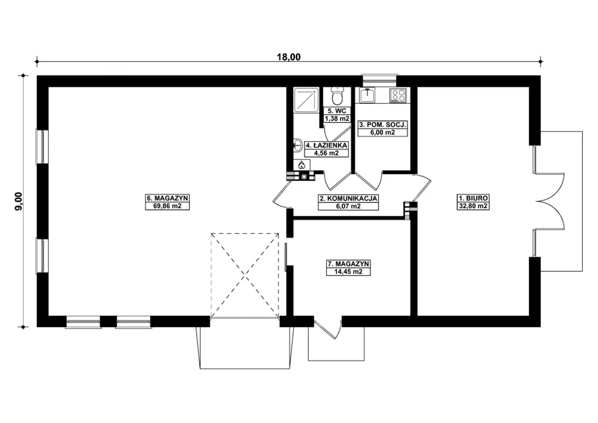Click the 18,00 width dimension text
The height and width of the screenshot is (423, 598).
(x=289, y=57)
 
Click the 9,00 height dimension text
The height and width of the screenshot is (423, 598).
(x=19, y=201)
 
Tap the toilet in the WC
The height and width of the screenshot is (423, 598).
(x=337, y=97)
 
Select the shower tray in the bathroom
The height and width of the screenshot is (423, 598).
(x=306, y=100)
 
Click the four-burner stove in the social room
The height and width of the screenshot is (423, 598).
(x=398, y=95)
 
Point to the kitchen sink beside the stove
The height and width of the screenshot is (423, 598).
(x=367, y=95)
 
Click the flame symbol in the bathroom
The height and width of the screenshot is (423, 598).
(x=302, y=165)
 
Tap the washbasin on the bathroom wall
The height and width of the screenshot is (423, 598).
(x=298, y=145)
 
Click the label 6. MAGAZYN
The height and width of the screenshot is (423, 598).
(x=167, y=198)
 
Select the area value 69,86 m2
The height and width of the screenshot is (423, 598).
(x=167, y=206)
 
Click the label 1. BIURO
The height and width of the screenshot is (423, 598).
(x=473, y=198)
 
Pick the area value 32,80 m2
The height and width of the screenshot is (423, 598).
(x=473, y=206)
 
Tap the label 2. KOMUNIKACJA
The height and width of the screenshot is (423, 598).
(x=349, y=198)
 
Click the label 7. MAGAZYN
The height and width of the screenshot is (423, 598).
(x=349, y=264)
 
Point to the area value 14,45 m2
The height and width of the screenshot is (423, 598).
(x=349, y=272)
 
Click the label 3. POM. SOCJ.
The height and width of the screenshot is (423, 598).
(x=383, y=125)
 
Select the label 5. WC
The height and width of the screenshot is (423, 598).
(x=337, y=111)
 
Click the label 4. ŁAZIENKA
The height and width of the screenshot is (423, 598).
(x=327, y=145)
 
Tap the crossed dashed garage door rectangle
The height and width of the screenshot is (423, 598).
(x=245, y=275)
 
